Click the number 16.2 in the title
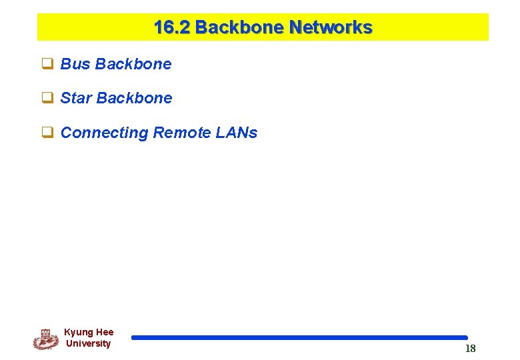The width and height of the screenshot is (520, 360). point(172,28)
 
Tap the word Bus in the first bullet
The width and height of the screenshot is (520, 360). point(75,65)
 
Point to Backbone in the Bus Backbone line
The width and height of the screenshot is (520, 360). point(133,65)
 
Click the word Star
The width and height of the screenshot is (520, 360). point(76,99)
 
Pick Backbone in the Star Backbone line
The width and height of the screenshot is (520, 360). point(134,99)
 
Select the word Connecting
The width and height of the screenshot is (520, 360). point(104,133)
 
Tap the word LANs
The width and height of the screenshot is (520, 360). point(237,133)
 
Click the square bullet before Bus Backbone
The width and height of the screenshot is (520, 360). point(48,65)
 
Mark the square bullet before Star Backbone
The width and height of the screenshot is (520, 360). point(48,99)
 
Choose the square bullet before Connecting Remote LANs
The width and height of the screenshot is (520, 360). point(48,133)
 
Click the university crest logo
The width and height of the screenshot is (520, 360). point(45,339)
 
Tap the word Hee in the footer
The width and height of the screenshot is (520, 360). point(105,332)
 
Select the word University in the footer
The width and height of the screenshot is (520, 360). point(89,343)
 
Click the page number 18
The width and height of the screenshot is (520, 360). point(470,349)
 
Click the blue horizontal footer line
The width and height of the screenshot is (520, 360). point(299,338)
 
